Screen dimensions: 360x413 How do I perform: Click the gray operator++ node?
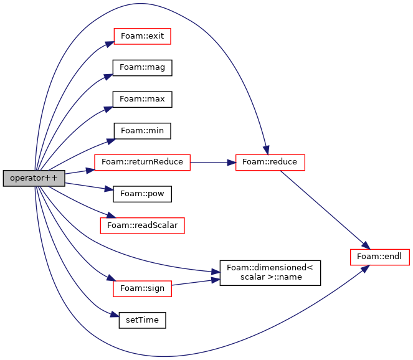tap(34, 178)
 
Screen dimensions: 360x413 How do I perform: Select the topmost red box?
tap(142, 36)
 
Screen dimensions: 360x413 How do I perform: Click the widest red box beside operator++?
tap(142, 163)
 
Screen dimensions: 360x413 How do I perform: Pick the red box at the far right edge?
tap(379, 257)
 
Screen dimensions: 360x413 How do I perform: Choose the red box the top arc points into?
tap(270, 163)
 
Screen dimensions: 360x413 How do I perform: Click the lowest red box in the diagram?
tap(142, 288)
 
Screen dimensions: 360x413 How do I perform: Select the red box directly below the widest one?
tap(142, 225)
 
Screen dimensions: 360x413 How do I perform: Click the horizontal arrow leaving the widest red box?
tap(212, 163)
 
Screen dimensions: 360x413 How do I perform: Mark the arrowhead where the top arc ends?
tap(266, 149)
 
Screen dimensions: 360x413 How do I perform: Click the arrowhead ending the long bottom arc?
tap(364, 268)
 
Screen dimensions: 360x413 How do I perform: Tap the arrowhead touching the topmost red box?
tap(108, 43)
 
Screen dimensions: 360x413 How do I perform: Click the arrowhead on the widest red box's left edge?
tap(90, 169)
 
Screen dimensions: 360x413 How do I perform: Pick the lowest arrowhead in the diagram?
tap(115, 315)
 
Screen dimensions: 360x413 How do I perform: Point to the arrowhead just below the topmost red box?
tap(108, 77)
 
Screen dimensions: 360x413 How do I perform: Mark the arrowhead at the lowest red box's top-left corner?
tap(110, 278)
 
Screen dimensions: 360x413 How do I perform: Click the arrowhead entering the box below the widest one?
tap(111, 216)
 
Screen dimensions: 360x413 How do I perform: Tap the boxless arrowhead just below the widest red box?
tap(109, 189)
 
